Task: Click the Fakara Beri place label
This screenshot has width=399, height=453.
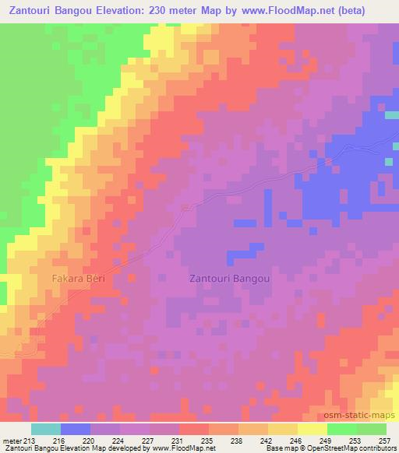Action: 78,278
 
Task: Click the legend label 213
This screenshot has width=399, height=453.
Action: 29,440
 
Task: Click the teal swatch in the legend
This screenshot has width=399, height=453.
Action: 46,429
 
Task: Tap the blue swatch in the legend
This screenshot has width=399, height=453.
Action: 76,429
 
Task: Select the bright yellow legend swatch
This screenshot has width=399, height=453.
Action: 312,429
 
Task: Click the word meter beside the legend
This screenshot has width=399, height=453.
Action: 11,440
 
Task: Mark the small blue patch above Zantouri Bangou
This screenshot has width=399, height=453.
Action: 243,252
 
